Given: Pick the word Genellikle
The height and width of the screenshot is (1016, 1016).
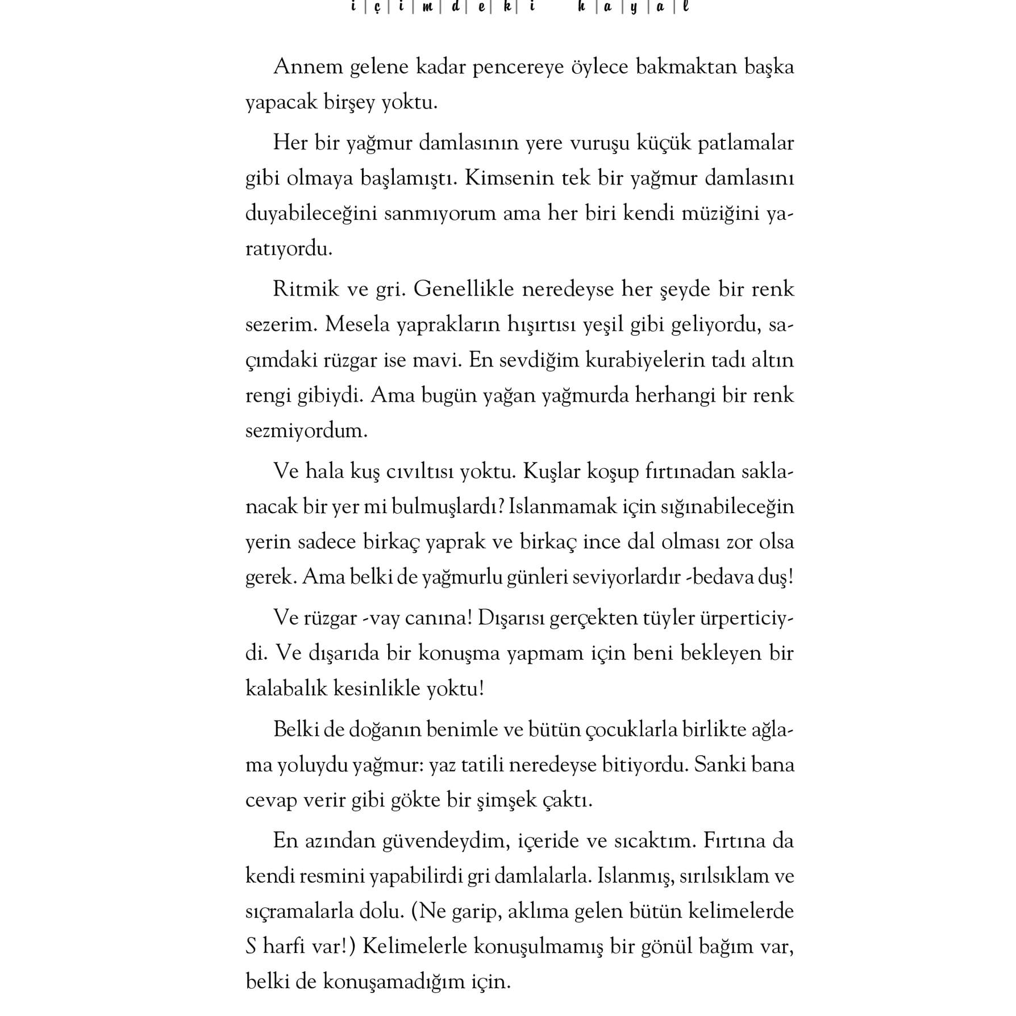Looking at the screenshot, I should (x=463, y=289).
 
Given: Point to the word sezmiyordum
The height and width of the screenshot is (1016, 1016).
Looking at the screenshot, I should (x=306, y=431).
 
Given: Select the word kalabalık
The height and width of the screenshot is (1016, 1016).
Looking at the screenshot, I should (x=286, y=689).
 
